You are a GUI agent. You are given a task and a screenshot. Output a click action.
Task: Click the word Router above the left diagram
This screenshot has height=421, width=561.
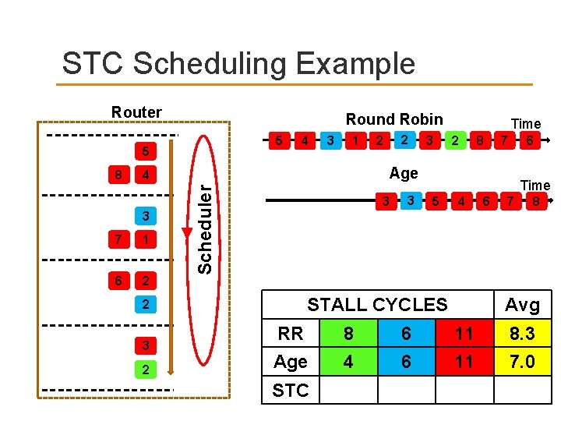[136, 112]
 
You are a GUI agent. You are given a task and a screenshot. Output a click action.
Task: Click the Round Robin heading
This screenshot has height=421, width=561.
[394, 119]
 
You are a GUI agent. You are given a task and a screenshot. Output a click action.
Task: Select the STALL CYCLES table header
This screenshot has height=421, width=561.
[377, 304]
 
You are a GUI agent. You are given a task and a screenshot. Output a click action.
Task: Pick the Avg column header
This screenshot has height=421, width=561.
[522, 304]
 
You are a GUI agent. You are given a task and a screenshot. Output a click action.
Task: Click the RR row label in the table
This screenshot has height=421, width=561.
[291, 334]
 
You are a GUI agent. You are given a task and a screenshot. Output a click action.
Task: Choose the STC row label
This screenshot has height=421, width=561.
[291, 390]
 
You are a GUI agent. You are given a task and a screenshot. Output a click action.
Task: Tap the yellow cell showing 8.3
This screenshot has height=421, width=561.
[522, 334]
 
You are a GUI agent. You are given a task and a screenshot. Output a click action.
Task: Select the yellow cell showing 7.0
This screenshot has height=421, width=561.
[522, 362]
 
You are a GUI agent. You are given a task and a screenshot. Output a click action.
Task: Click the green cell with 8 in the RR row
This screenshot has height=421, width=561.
[348, 334]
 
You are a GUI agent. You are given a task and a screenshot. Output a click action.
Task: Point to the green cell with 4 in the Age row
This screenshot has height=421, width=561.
[348, 362]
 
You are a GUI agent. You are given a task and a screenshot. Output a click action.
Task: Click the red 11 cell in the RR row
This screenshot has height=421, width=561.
[464, 334]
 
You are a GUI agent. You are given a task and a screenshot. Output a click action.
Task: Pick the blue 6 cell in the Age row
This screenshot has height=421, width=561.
[406, 362]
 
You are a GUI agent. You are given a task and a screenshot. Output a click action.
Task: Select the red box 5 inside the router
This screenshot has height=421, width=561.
[146, 148]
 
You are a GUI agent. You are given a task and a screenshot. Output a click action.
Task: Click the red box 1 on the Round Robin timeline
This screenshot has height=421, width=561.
[356, 141]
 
